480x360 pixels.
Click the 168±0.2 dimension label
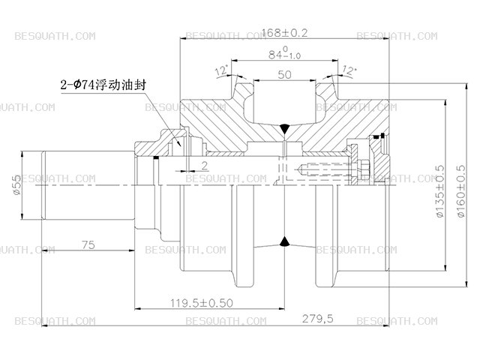(285, 33)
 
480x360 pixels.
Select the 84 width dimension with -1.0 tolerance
(285, 53)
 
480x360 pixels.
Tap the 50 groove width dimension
(284, 74)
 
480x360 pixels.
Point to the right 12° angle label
(349, 70)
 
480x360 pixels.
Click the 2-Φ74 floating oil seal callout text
(103, 85)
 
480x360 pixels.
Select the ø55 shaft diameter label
(16, 184)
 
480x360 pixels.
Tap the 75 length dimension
(88, 245)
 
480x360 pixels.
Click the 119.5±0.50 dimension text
(202, 303)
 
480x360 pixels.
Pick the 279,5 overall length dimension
(317, 319)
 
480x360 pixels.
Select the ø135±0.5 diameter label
(439, 191)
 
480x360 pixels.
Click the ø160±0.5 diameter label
(461, 191)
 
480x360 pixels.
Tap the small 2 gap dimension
(205, 166)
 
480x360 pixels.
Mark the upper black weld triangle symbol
(285, 127)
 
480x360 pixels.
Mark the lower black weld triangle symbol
(285, 241)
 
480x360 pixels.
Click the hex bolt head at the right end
(365, 169)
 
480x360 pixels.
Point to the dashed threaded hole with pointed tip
(325, 169)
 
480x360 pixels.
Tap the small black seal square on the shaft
(156, 158)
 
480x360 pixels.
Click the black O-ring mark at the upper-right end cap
(382, 135)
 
